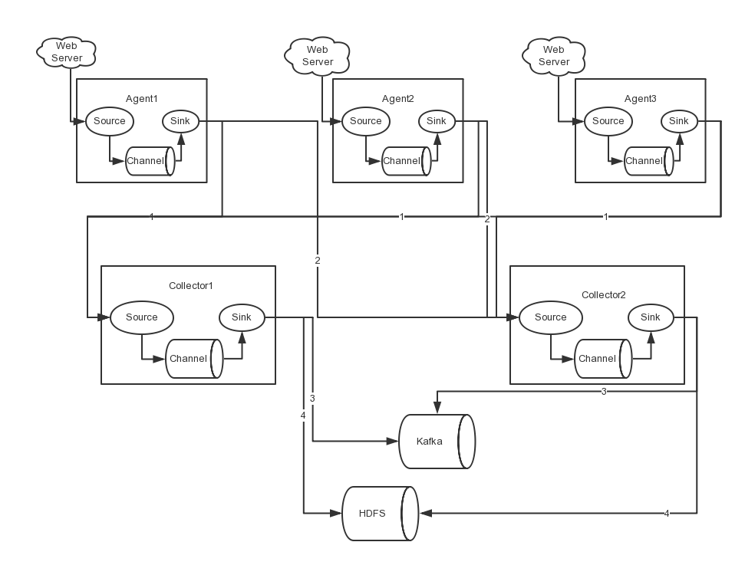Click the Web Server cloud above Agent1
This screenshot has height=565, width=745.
coord(67,52)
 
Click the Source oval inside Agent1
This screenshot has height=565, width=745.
coord(109,121)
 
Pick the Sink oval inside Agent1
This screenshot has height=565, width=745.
coord(180,121)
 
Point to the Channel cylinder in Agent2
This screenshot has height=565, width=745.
coord(404,161)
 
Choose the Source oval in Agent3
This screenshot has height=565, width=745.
coord(608,121)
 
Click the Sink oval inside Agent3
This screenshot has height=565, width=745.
coord(678,121)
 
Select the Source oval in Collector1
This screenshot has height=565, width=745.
coord(141,317)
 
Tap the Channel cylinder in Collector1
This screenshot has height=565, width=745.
coord(193,359)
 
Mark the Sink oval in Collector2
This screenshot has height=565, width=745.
coord(650,317)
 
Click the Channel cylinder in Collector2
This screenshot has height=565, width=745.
coord(602,359)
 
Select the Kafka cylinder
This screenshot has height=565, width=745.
coord(435,442)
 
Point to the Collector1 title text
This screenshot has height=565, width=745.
coord(190,286)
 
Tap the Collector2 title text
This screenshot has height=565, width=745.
coord(603,295)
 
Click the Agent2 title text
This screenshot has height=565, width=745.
coord(397,99)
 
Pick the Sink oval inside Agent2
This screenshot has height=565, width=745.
coord(436,121)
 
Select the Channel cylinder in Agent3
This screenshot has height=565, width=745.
coord(648,161)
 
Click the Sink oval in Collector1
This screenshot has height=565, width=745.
coord(241,317)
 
